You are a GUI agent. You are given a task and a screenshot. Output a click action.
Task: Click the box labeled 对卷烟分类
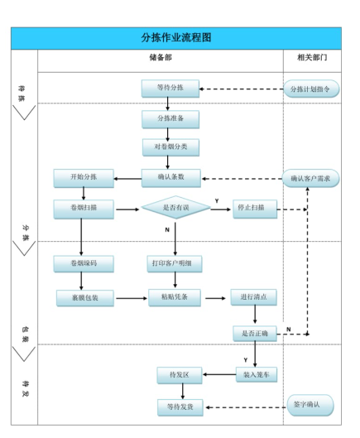pos(170,148)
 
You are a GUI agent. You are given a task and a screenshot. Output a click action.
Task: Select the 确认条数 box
pos(170,178)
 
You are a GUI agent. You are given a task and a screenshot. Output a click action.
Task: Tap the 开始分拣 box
pos(82,178)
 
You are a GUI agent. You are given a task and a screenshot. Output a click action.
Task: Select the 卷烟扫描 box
pos(82,209)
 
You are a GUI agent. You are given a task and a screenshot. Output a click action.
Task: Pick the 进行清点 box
pos(252,297)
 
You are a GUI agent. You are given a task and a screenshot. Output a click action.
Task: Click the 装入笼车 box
pos(254,375)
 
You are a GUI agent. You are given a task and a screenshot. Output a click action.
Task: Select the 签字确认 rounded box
pos(312,405)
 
